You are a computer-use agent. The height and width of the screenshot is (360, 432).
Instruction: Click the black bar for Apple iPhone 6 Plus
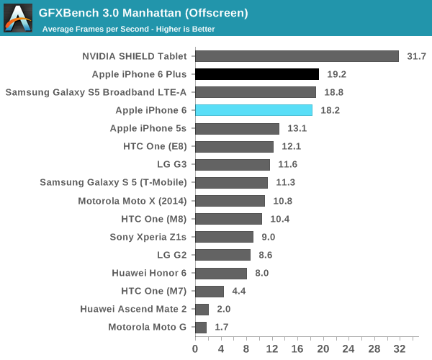[x=256, y=74]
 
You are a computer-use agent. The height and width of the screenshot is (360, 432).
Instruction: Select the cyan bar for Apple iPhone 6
[x=253, y=110]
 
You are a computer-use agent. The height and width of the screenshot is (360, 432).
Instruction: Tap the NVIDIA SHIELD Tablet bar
[x=297, y=56]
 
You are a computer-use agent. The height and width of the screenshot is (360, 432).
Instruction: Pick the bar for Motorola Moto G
[x=201, y=327]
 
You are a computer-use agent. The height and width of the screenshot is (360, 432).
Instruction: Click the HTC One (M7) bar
[x=210, y=291]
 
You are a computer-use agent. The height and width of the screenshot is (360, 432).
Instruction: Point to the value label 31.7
[x=416, y=56]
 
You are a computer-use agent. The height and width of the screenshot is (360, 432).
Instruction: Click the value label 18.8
[x=333, y=92]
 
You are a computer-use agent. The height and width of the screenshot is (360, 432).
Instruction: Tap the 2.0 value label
[x=222, y=309]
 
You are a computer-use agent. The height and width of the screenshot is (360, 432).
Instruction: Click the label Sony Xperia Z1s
[x=148, y=237]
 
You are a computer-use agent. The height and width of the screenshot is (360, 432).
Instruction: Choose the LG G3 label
[x=171, y=165]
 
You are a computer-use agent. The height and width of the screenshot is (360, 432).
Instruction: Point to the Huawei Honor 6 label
[x=149, y=273]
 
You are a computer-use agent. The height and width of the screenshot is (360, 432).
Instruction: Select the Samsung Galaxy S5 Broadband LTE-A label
[x=96, y=92]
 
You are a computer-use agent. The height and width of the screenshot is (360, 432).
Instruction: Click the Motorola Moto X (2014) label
[x=132, y=201]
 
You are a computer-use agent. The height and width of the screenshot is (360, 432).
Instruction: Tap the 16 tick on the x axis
[x=297, y=349]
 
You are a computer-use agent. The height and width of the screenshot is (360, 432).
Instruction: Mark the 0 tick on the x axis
[x=195, y=349]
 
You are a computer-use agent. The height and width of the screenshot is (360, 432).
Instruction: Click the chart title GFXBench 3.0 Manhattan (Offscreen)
[x=143, y=13]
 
